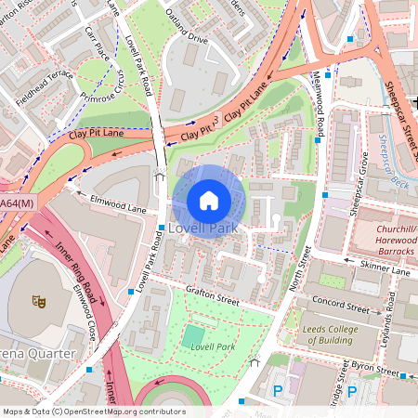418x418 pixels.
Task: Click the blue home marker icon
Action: (209, 200)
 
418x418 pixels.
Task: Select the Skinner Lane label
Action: (385, 270)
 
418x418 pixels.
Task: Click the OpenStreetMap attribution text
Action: (93, 411)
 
